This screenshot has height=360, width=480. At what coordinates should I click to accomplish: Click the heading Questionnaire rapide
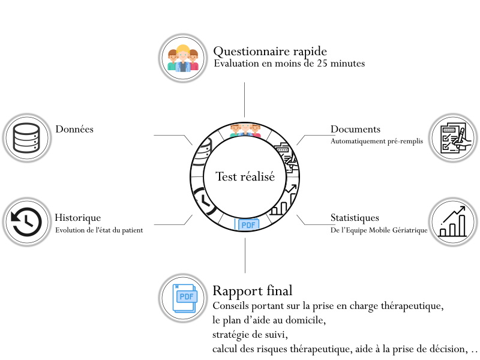point(270,50)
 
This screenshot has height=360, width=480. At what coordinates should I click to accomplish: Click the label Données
point(74,129)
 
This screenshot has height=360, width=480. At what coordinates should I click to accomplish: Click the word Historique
point(77,218)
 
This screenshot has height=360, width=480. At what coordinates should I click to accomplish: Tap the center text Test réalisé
point(245,177)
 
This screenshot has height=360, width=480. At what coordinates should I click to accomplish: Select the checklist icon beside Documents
point(454,138)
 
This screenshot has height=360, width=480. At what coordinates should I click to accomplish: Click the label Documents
point(355,129)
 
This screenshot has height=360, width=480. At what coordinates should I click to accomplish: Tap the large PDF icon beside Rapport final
point(184,298)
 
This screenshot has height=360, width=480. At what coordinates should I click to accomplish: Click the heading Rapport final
point(253,292)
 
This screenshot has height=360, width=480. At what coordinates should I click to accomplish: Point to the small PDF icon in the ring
point(248,225)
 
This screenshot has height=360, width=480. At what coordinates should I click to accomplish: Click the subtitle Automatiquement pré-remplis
point(376,142)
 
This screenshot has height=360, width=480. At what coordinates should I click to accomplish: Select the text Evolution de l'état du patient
point(99,230)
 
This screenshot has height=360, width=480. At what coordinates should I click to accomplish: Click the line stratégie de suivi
point(250,334)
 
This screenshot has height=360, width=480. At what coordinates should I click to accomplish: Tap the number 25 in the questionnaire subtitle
point(325,63)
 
